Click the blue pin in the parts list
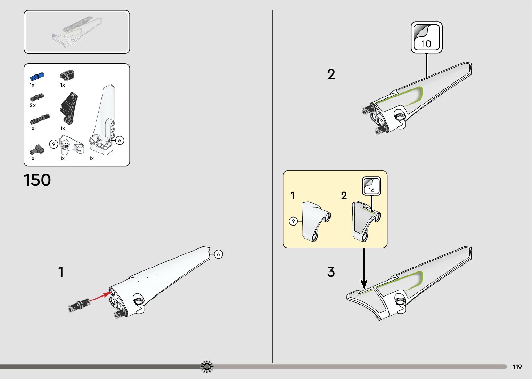37,76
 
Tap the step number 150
37,180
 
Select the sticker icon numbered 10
426,37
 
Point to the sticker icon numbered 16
371,186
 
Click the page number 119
517,367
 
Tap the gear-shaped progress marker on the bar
207,366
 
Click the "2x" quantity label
33,105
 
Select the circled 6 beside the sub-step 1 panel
218,254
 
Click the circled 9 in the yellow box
293,221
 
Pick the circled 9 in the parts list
54,144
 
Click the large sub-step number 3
331,271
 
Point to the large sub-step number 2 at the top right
331,74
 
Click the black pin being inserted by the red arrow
79,305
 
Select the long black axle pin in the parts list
40,119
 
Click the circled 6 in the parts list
120,141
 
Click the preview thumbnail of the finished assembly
77,32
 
